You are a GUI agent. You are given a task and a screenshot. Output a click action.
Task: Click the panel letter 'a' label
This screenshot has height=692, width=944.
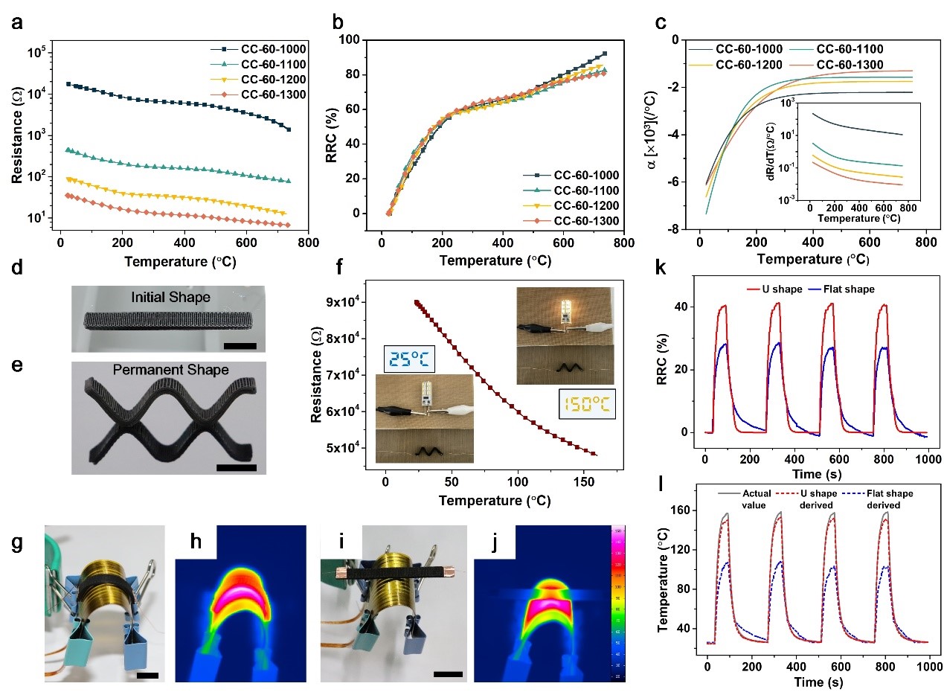pos(16,22)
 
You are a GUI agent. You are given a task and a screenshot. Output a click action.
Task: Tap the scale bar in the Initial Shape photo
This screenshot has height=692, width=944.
pos(239,345)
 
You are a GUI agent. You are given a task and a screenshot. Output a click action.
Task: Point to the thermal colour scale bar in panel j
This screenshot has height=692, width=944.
pos(618,603)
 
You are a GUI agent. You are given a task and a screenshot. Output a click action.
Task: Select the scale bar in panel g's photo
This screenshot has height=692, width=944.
pos(147,675)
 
